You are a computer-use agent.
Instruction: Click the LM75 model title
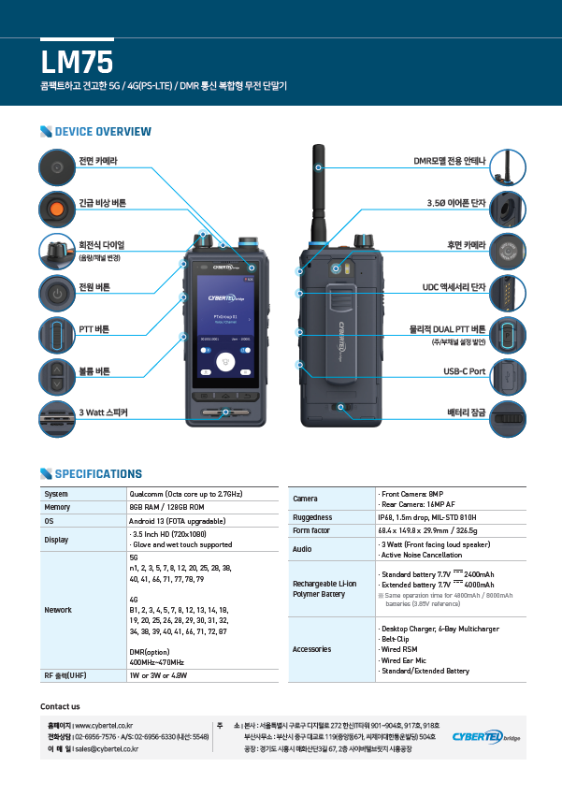coord(77,62)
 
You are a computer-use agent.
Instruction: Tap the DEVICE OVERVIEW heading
coord(103,131)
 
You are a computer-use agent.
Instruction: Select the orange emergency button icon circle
coord(57,208)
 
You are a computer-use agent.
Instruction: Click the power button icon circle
coord(57,294)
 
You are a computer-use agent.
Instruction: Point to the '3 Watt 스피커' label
coord(103,412)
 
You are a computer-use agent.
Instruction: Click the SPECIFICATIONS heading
coord(98,474)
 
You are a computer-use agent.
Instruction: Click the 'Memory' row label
coord(57,507)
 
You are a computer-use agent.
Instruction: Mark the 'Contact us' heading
coord(60,706)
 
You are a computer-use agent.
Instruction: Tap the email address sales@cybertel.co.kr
coord(107,748)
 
